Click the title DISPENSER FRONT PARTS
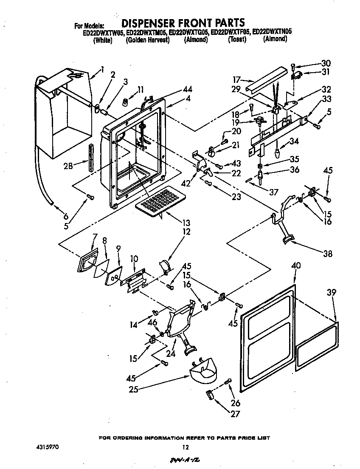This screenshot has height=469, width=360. pos(183,23)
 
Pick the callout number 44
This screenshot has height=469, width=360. pos(188,89)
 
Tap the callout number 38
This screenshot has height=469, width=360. pos(327,254)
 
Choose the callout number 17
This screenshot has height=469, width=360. pos(237,79)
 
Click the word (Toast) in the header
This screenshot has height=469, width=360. pos(237,40)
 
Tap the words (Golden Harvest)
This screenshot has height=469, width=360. pos(148,40)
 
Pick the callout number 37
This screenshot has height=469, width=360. pos(274,192)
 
